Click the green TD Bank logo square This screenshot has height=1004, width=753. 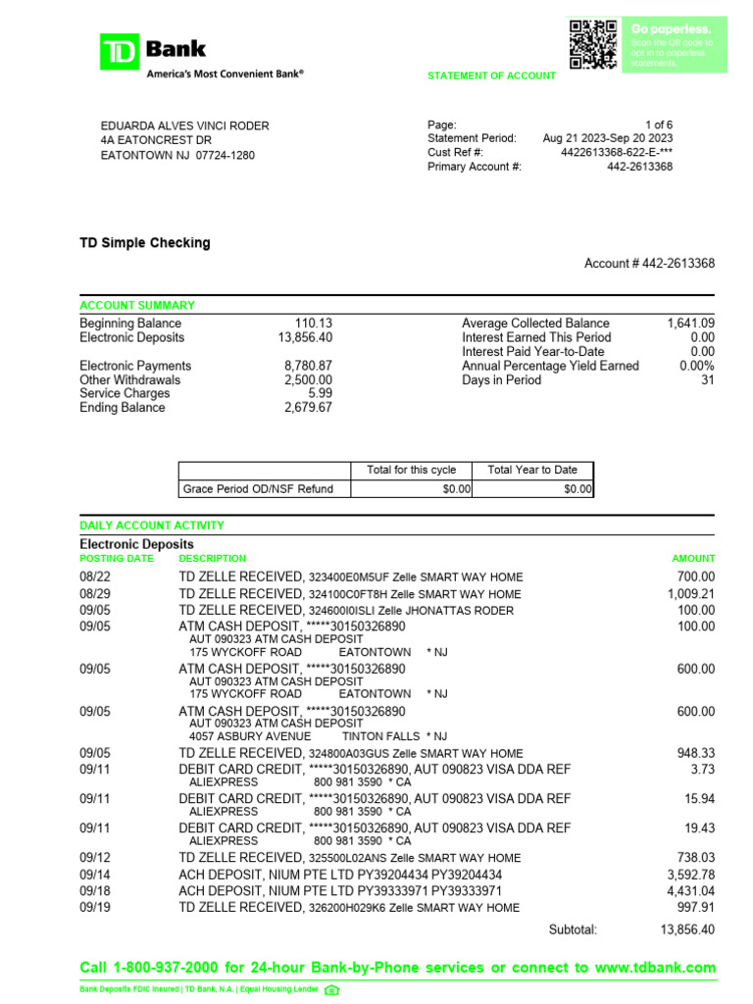121,52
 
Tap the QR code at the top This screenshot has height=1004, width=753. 592,44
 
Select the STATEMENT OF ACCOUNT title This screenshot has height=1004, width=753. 491,76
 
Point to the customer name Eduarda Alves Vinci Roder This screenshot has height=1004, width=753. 184,125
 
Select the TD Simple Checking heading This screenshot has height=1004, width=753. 144,242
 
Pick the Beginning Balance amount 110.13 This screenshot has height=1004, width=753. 314,324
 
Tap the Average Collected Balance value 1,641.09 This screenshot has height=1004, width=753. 690,324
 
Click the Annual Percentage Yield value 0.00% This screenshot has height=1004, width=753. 696,366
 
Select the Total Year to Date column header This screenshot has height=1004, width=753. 532,470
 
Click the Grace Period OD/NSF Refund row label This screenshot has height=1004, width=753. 258,488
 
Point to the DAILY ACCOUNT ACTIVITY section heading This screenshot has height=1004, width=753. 151,527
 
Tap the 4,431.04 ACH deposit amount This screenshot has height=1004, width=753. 690,891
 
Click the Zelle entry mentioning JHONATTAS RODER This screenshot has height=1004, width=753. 345,611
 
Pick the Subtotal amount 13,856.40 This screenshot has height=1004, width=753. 687,929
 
